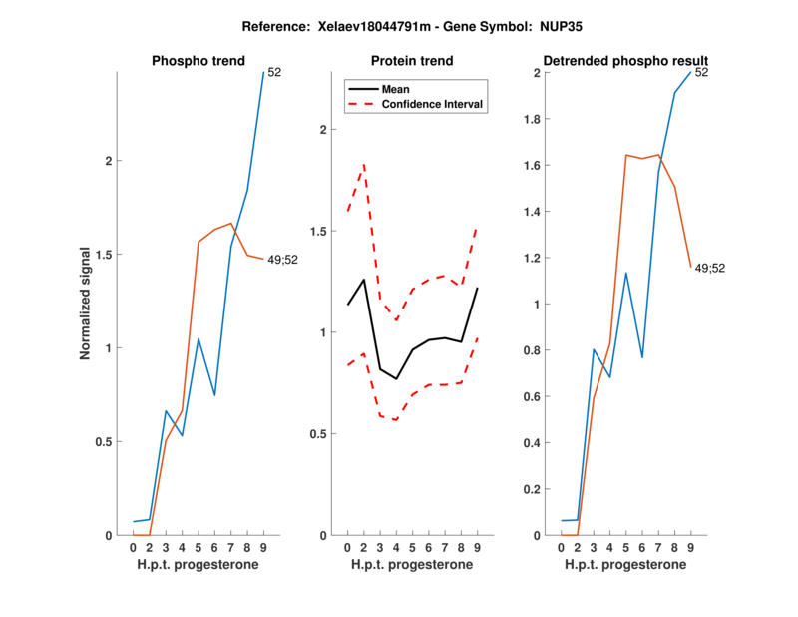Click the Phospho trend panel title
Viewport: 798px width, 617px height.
point(198,61)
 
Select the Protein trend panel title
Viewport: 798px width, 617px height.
point(413,61)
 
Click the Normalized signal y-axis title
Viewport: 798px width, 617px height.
point(86,303)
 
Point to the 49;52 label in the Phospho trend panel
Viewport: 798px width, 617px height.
point(284,260)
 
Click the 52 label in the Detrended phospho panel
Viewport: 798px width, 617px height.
point(701,72)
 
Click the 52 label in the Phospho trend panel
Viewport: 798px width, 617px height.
point(274,72)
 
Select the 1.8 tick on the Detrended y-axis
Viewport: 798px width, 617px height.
point(541,119)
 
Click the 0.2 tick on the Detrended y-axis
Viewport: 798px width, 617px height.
point(541,489)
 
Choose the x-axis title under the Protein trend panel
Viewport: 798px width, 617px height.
point(413,565)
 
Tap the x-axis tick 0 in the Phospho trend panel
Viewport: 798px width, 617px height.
point(133,547)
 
